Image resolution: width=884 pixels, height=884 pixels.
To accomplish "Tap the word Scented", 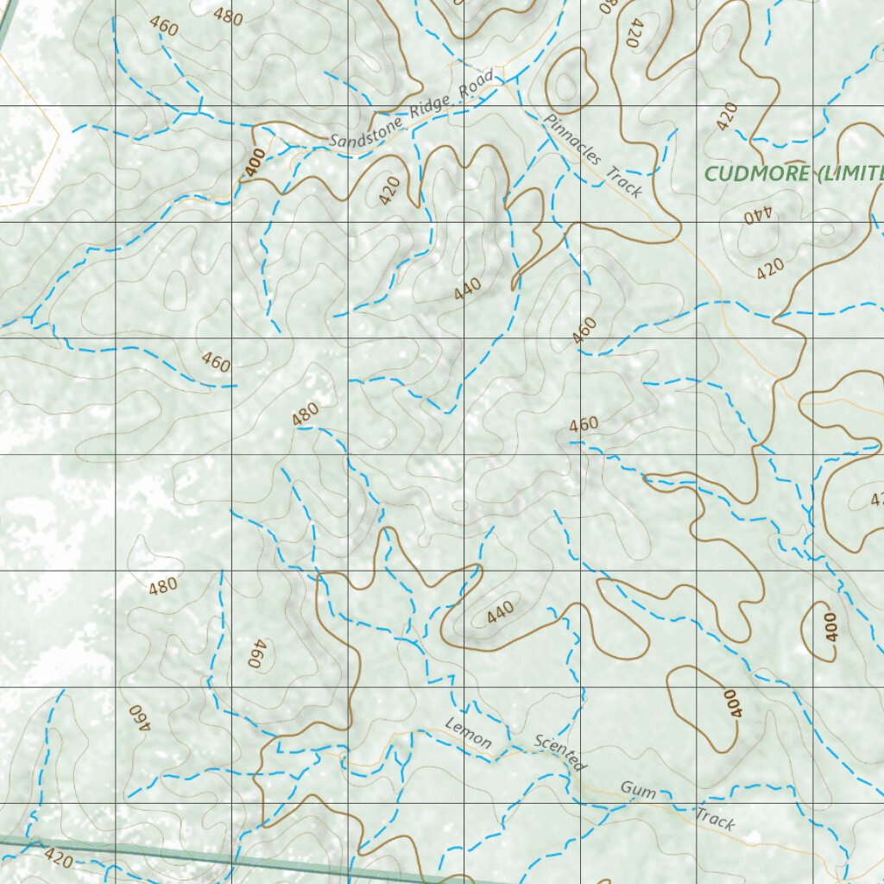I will click(x=560, y=753).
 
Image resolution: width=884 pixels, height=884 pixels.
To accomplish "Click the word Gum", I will click(x=637, y=790).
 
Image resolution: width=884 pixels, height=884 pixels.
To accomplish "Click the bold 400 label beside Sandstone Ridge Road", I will click(x=255, y=163).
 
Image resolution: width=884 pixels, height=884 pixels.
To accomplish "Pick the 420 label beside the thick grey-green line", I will click(x=58, y=857).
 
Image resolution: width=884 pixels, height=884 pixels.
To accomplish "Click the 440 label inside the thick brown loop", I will click(x=500, y=612).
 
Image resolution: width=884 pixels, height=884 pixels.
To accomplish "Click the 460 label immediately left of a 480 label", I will click(x=163, y=27).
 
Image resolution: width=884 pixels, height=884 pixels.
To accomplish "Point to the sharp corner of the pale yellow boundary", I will click(x=59, y=133).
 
